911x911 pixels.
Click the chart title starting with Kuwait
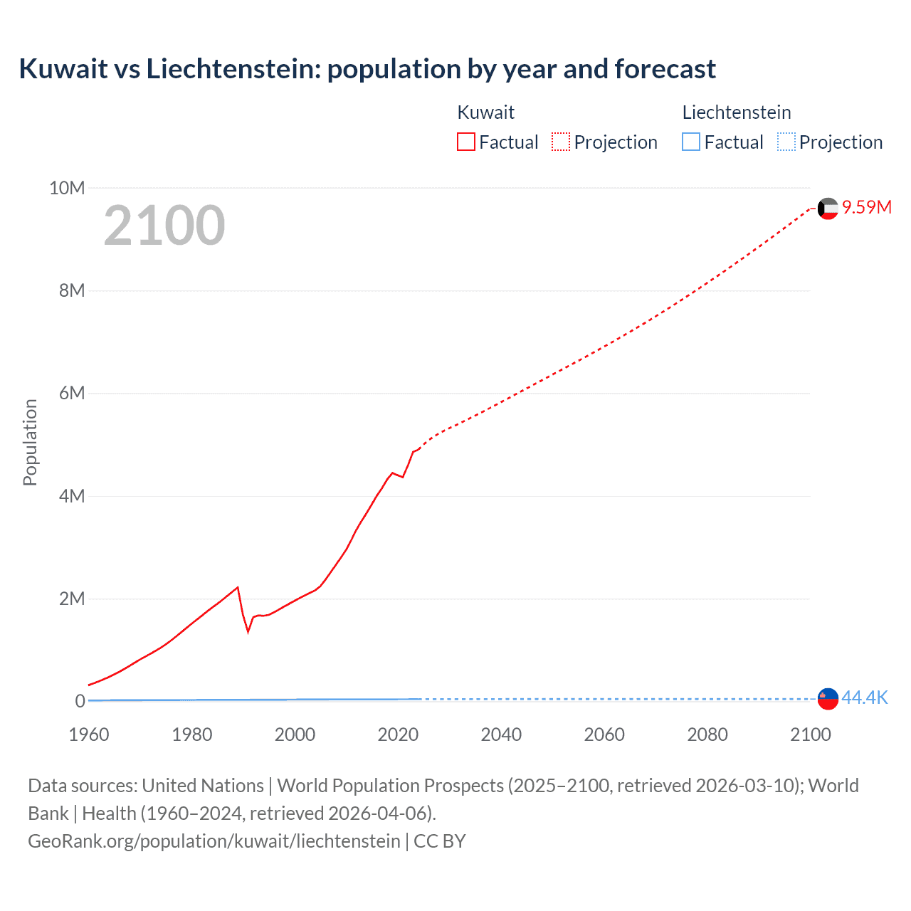367,69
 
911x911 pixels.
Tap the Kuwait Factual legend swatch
465,142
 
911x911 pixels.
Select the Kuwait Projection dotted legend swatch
561,142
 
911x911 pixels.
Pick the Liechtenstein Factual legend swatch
691,142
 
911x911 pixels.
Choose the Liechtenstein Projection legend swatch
786,142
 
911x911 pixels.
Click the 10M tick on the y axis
67,188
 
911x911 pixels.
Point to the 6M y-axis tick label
71,394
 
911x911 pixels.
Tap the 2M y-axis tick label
71,599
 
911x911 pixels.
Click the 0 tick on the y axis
80,701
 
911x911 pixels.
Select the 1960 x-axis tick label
89,734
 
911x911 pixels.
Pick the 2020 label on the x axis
398,734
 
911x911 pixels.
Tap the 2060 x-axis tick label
604,734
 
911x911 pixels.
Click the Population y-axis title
30,442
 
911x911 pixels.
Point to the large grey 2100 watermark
164,226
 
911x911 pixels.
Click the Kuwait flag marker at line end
828,209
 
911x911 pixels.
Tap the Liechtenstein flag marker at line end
828,699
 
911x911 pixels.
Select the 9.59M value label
867,207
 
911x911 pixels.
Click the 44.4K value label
865,697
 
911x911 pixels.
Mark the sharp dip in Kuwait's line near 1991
248,631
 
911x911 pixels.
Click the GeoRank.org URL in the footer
214,841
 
